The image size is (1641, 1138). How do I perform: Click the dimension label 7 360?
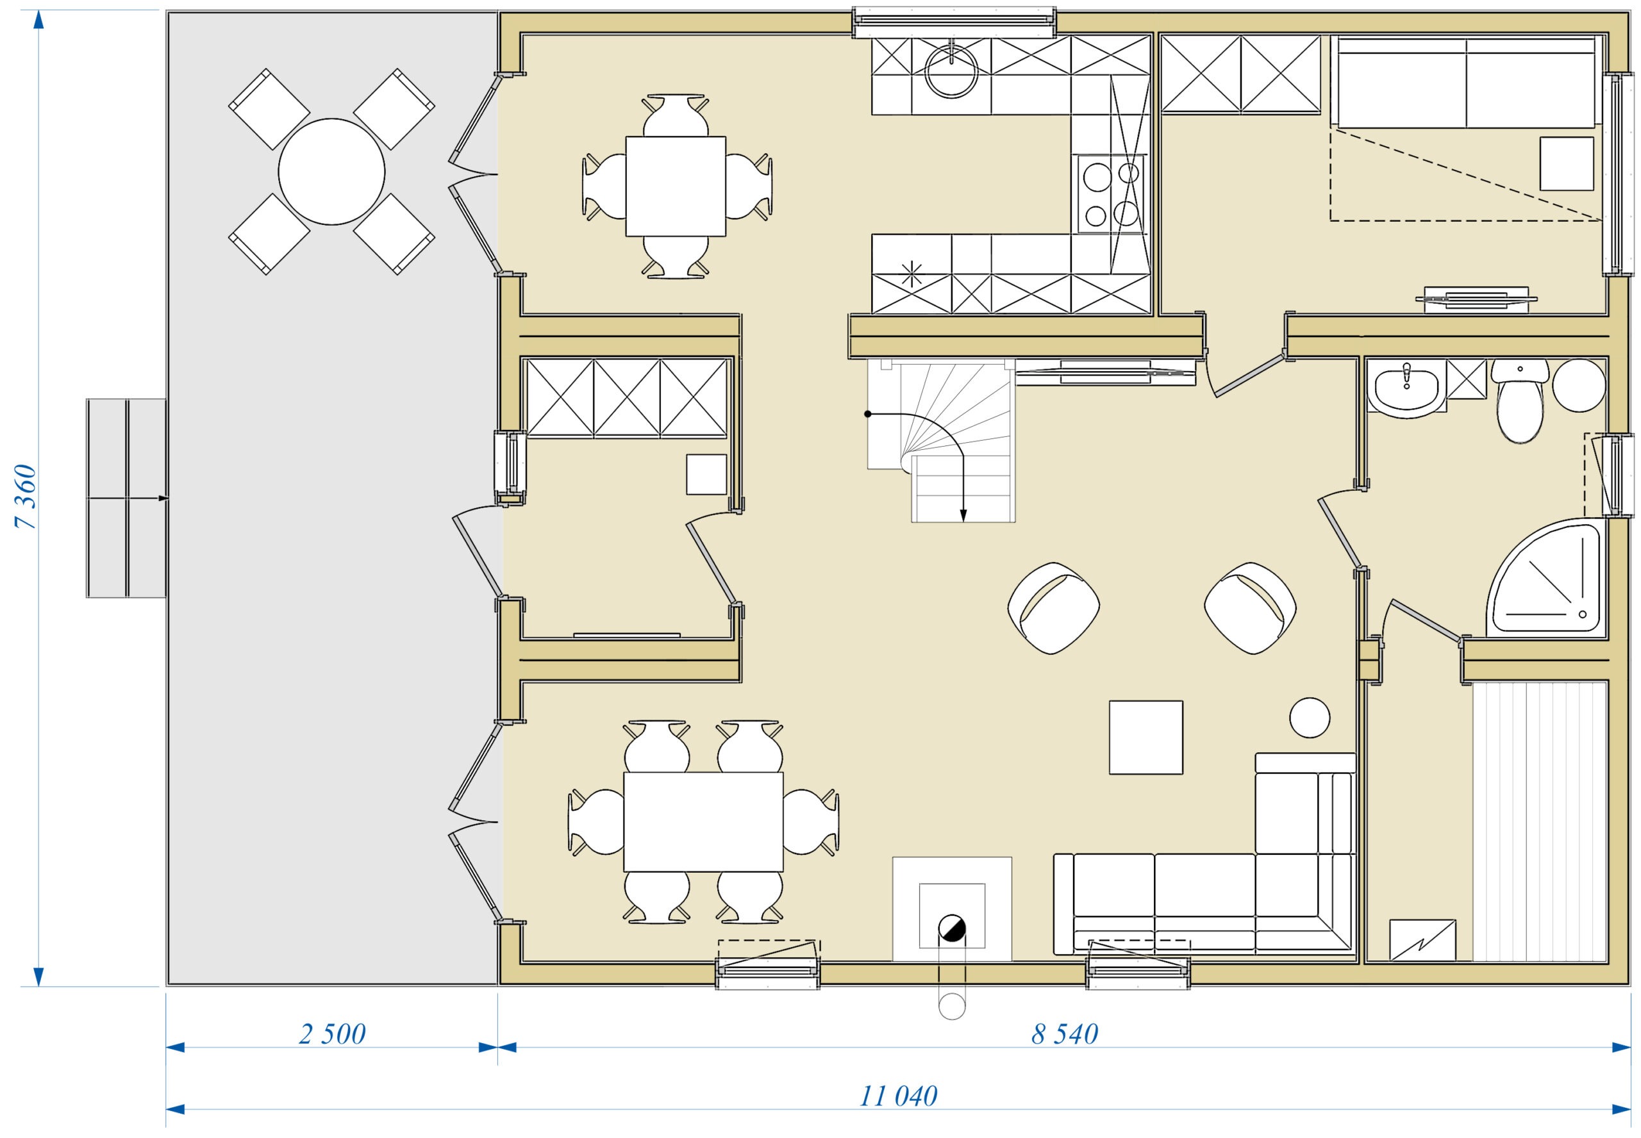click(x=26, y=496)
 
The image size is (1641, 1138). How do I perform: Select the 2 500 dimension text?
click(x=332, y=1034)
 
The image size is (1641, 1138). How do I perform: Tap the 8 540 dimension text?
click(x=1065, y=1034)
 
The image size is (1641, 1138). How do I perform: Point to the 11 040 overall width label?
click(x=899, y=1096)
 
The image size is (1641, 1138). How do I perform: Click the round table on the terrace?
click(x=331, y=172)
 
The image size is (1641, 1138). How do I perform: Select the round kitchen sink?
click(x=951, y=70)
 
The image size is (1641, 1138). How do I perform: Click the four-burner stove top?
click(x=1111, y=194)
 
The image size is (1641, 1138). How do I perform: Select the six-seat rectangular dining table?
click(x=703, y=821)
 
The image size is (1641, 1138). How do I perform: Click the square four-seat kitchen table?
click(x=676, y=186)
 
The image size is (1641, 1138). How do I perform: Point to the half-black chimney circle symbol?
click(x=951, y=928)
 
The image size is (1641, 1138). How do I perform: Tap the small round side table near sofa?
click(x=1310, y=717)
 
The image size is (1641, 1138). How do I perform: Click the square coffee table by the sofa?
click(x=1146, y=738)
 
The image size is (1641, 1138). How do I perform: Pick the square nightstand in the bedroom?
click(x=1566, y=164)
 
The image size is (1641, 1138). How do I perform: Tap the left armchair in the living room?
click(x=1053, y=608)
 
